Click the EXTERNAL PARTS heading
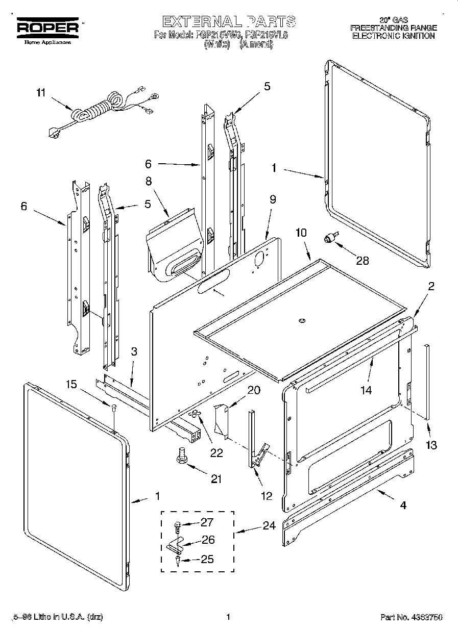[x=228, y=21]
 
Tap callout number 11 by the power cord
[x=41, y=93]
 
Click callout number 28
[x=363, y=261]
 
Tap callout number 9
[x=273, y=199]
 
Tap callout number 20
[x=254, y=390]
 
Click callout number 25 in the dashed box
[x=207, y=559]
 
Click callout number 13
[x=431, y=445]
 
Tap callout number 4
[x=403, y=505]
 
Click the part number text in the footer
[x=411, y=618]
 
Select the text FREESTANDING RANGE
[x=393, y=28]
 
